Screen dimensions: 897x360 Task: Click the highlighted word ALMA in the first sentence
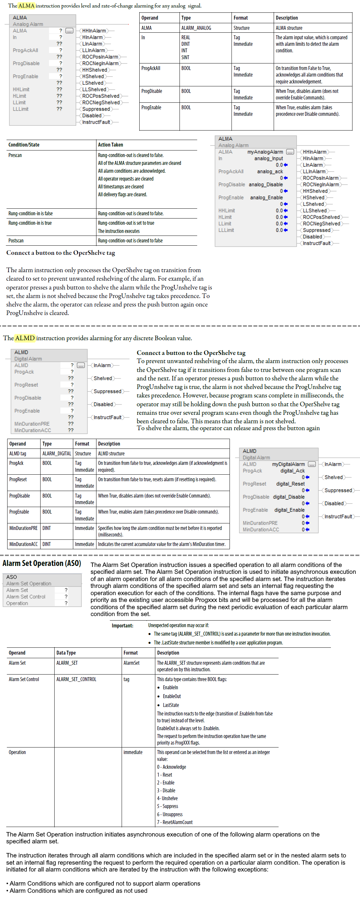tap(26, 6)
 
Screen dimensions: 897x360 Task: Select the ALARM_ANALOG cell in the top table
tap(196, 28)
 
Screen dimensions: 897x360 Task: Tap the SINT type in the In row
tap(185, 57)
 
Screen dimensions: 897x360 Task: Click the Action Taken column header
tap(111, 145)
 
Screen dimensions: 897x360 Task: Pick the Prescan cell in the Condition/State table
tap(15, 155)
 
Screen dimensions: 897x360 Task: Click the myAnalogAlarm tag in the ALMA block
tap(265, 152)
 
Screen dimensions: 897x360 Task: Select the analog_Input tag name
tap(268, 158)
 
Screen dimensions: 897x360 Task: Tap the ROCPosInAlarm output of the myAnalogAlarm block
tap(320, 178)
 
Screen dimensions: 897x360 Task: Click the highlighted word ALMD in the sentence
tap(25, 338)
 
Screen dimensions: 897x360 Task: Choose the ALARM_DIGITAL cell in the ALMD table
tap(56, 453)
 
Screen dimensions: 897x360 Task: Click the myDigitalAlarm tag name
tap(288, 464)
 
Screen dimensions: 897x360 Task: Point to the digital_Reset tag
tap(290, 484)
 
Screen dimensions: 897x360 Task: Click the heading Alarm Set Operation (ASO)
tap(42, 563)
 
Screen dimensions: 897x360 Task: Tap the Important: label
tap(122, 626)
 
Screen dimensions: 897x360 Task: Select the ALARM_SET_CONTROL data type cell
tap(76, 679)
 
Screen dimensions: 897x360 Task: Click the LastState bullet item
tap(171, 705)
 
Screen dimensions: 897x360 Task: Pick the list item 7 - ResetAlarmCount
tap(175, 822)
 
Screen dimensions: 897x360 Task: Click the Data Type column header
tap(66, 653)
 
